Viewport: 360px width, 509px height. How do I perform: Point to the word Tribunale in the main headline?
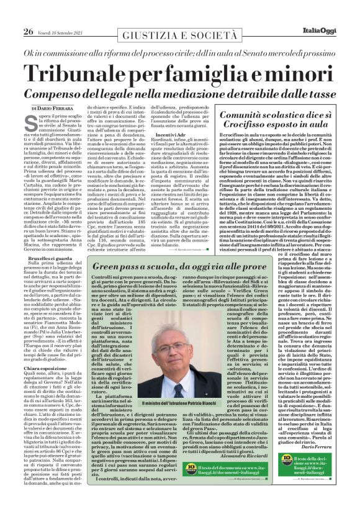[84, 74]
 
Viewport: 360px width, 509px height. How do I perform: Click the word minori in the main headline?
[305, 74]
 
